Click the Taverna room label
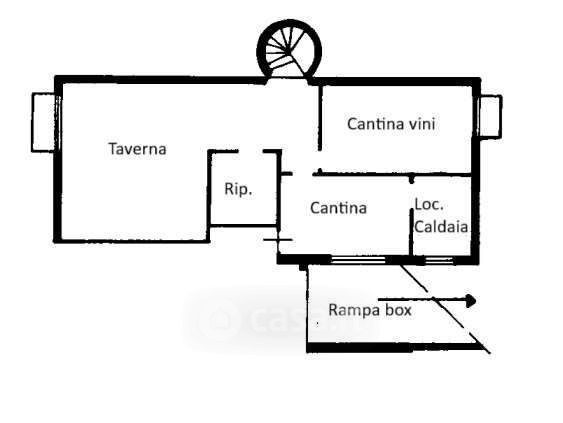(x=138, y=149)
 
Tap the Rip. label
(x=238, y=189)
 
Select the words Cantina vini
(x=391, y=124)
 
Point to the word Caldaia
(x=441, y=227)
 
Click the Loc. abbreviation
(x=429, y=204)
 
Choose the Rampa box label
(x=370, y=310)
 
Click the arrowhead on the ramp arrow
(x=471, y=300)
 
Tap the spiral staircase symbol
(x=289, y=50)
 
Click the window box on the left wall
(x=43, y=122)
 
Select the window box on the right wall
(x=490, y=116)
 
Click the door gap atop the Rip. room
(x=251, y=151)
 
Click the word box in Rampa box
(x=398, y=310)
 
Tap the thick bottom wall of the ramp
(x=394, y=348)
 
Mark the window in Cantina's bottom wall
(x=358, y=260)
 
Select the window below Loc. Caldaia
(x=439, y=260)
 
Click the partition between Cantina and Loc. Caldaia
(x=411, y=232)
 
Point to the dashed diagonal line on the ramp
(x=445, y=309)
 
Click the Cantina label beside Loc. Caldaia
(x=338, y=208)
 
